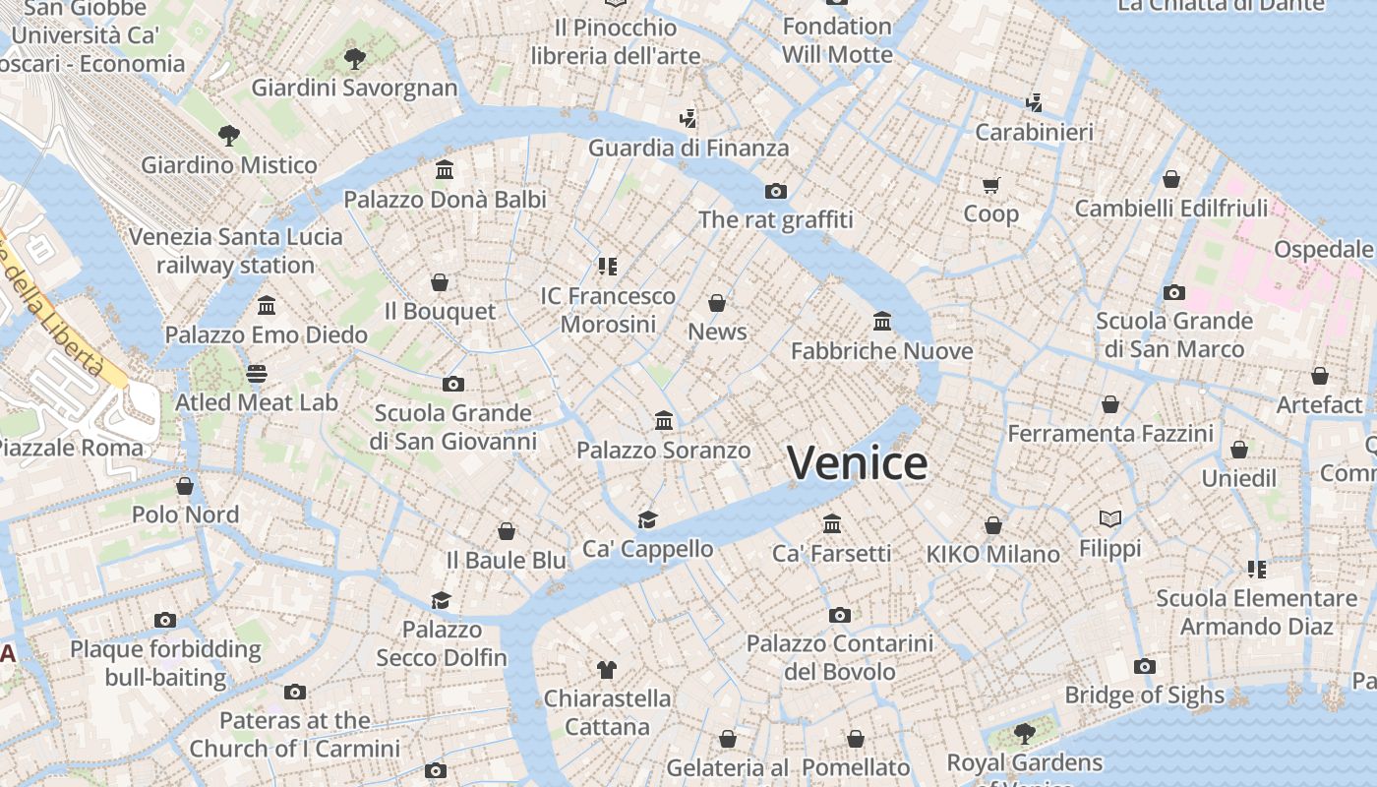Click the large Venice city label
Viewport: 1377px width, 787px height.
coord(857,463)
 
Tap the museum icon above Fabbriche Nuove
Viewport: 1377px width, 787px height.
coord(882,321)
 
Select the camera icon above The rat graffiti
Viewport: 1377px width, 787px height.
coord(776,191)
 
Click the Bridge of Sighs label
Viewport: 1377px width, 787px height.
coord(1144,696)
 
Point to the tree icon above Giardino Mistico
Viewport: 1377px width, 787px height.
coord(229,135)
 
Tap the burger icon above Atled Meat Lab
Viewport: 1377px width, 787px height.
coord(257,374)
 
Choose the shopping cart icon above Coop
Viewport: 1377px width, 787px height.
coord(990,185)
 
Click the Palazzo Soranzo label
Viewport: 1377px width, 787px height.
coord(663,451)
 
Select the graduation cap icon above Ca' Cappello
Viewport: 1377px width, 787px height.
coord(647,519)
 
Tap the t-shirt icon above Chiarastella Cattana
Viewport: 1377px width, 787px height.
coord(607,670)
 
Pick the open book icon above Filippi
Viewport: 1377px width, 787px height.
coord(1110,518)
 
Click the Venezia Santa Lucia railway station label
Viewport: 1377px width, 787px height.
coord(236,251)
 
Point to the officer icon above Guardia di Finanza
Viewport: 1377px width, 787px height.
coord(688,119)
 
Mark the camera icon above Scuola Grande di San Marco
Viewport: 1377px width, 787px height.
coord(1173,292)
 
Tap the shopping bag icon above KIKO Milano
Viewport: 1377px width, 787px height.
coord(993,525)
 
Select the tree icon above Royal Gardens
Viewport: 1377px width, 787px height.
coord(1024,733)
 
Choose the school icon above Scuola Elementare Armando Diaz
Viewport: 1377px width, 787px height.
coord(1256,569)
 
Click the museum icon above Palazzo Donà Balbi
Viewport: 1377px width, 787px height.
coord(445,170)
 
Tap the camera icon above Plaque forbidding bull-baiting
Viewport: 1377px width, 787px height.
coord(165,620)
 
